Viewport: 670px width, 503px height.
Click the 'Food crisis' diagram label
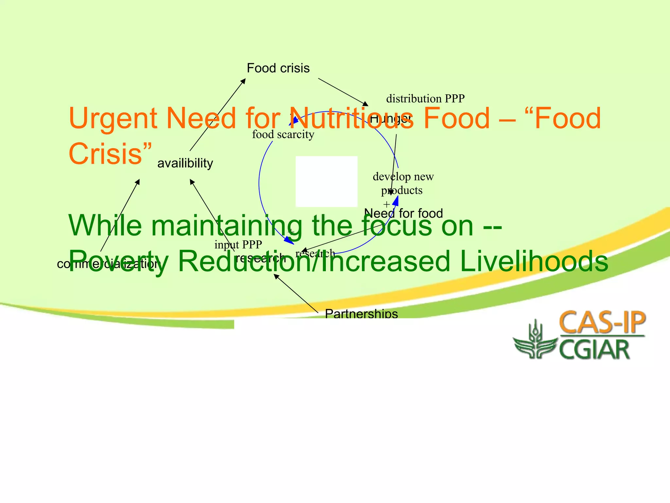[278, 68]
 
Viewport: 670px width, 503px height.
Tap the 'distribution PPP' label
[425, 99]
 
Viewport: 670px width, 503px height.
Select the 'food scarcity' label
[283, 134]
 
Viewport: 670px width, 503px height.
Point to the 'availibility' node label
[185, 163]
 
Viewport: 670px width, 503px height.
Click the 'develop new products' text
[403, 183]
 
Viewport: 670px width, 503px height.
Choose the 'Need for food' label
[403, 214]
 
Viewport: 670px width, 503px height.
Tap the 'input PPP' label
[238, 245]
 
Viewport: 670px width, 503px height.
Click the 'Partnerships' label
[361, 314]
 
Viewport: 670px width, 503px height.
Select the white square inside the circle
[326, 181]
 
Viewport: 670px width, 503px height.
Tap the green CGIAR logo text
[594, 350]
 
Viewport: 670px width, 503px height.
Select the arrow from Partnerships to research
[296, 293]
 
